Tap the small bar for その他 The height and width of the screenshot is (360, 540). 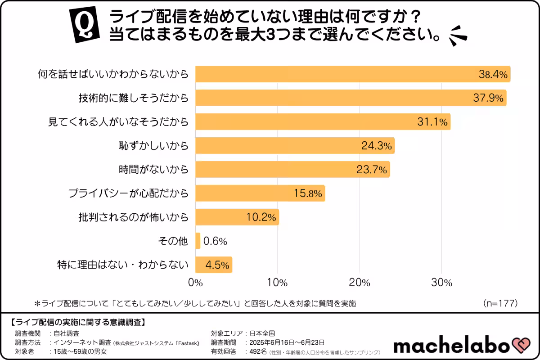pyautogui.click(x=198, y=241)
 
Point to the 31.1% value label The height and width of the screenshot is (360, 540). pyautogui.click(x=432, y=122)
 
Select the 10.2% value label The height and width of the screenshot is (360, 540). pyautogui.click(x=261, y=217)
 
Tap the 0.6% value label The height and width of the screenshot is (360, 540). pyautogui.click(x=215, y=241)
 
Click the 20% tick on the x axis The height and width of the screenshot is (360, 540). pyautogui.click(x=359, y=283)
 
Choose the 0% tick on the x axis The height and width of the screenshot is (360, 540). pyautogui.click(x=195, y=283)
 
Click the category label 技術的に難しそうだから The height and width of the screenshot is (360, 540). pyautogui.click(x=131, y=98)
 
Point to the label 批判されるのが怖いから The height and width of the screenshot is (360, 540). pyautogui.click(x=133, y=217)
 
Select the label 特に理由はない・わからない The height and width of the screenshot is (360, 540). pyautogui.click(x=122, y=265)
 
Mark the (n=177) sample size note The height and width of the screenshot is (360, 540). pyautogui.click(x=500, y=303)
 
